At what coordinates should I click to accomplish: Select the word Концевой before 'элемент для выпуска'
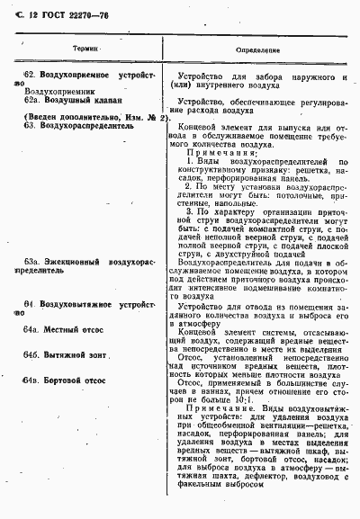(x=216, y=127)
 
